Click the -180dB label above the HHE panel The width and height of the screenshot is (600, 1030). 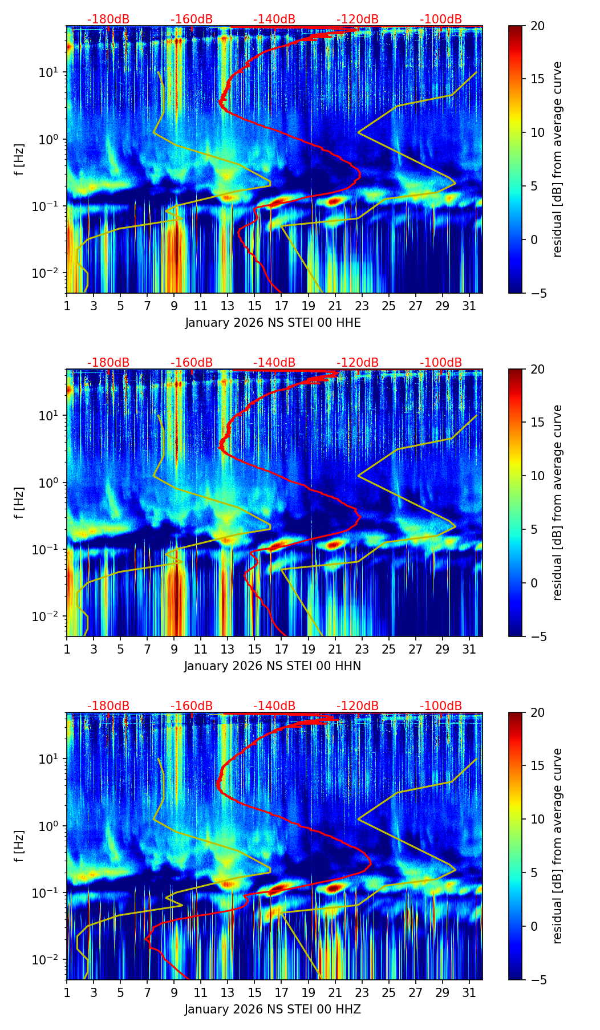(108, 19)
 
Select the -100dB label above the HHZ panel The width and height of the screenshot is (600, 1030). (441, 706)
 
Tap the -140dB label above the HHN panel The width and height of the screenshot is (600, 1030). (274, 363)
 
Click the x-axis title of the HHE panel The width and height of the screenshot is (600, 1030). (273, 323)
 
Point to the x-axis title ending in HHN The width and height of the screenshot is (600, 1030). (273, 666)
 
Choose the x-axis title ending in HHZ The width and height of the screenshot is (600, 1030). (273, 1009)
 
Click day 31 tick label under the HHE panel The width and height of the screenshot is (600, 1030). (469, 306)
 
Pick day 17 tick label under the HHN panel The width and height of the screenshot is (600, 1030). (281, 649)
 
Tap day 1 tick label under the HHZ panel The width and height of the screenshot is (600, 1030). (67, 992)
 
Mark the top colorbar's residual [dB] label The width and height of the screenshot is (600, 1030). (557, 159)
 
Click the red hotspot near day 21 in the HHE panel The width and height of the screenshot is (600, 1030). (334, 201)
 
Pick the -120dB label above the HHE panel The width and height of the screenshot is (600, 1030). (358, 19)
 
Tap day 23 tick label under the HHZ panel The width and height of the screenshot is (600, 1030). (362, 992)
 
